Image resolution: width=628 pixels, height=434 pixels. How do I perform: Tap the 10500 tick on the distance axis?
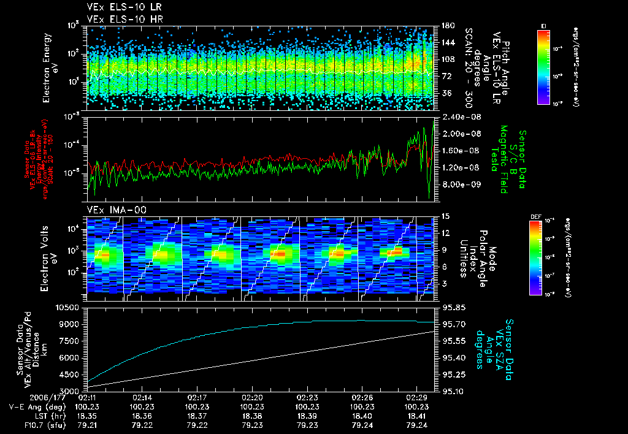coord(69,306)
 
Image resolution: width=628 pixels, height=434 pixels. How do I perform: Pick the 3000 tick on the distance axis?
coord(71,391)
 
